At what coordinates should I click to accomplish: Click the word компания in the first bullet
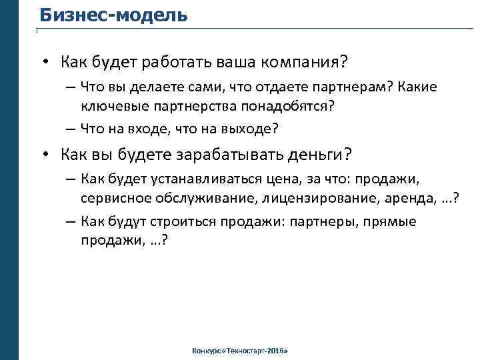tap(302, 62)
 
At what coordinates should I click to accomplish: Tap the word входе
tap(148, 129)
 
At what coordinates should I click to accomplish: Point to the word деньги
tap(317, 155)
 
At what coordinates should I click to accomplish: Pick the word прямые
tap(391, 221)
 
